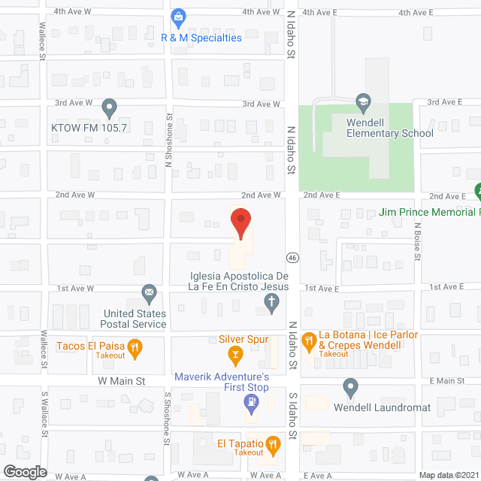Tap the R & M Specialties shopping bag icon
click(x=178, y=16)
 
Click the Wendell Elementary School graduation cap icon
click(x=363, y=101)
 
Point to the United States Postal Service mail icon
click(x=149, y=292)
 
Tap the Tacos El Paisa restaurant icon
click(x=135, y=346)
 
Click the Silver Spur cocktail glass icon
click(x=234, y=353)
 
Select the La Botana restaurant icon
click(x=308, y=342)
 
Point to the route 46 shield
click(x=293, y=257)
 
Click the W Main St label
click(x=122, y=382)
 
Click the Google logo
click(x=24, y=471)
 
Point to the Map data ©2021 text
click(x=447, y=474)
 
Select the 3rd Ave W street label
click(x=72, y=101)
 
